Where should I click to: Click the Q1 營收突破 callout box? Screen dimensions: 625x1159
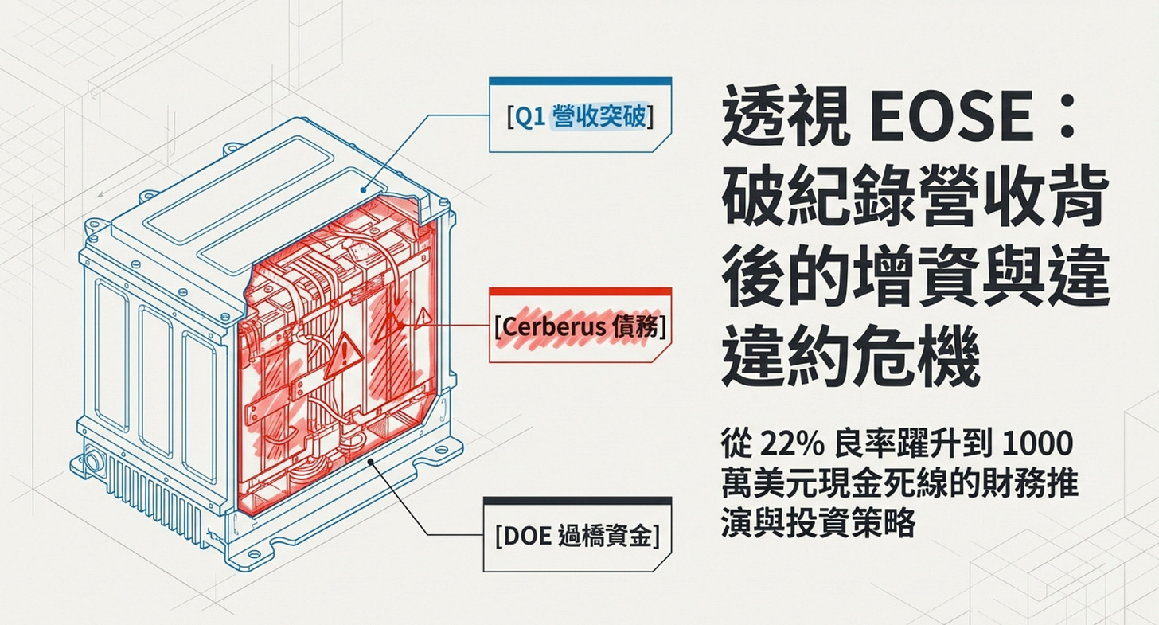click(x=579, y=116)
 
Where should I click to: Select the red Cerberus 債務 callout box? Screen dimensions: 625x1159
click(x=579, y=327)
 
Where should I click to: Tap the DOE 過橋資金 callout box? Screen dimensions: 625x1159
click(x=577, y=536)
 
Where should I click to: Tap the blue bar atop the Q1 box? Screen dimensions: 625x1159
click(x=579, y=80)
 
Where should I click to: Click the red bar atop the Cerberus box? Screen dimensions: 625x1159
click(x=579, y=292)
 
